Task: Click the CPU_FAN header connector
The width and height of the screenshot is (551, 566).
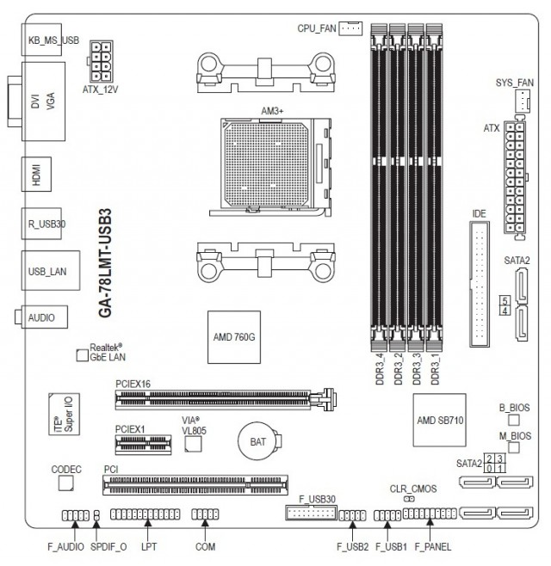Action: tap(350, 28)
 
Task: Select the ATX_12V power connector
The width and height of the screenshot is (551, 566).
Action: tap(101, 61)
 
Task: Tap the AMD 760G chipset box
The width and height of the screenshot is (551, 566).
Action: tap(234, 337)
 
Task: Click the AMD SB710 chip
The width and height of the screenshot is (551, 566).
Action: tap(439, 420)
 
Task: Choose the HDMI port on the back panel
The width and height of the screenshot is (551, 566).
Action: tap(36, 174)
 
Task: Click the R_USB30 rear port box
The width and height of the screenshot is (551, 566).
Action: tap(41, 224)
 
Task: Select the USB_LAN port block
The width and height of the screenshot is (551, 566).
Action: tap(51, 270)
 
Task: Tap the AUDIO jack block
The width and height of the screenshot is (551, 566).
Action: tap(41, 317)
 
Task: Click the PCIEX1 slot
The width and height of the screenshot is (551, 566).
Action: tap(143, 445)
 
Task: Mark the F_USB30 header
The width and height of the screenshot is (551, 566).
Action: tap(311, 512)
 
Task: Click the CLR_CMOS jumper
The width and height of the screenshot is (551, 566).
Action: tap(409, 499)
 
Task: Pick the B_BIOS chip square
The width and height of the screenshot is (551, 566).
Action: tap(514, 420)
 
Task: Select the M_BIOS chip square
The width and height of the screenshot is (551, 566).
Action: tap(514, 447)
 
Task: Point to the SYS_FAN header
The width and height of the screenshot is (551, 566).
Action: tap(522, 101)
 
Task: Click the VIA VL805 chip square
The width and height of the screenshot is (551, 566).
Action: tap(193, 444)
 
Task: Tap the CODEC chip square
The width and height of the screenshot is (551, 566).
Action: tap(66, 483)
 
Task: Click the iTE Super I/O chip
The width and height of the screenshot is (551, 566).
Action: tap(64, 414)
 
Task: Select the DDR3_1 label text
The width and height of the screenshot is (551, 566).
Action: tap(435, 369)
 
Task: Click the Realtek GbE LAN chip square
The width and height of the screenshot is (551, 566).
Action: tap(83, 355)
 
